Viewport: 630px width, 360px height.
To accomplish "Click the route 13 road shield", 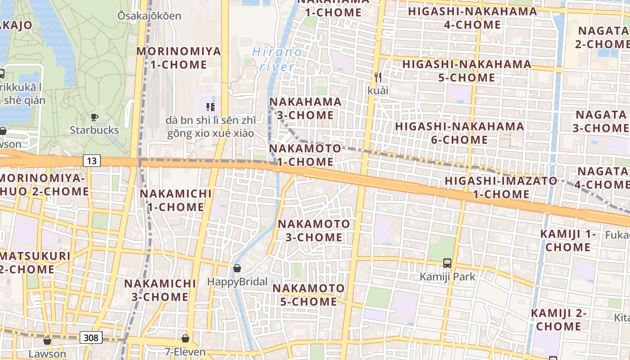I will (91, 161).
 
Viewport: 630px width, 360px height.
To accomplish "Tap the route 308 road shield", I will (91, 337).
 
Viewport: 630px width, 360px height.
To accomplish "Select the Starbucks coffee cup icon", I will (94, 117).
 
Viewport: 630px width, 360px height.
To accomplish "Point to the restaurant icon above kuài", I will (378, 77).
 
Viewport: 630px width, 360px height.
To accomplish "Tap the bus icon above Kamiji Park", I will (447, 263).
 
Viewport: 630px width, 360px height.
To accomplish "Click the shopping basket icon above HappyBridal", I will (237, 269).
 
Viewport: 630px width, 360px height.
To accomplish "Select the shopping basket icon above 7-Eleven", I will (185, 338).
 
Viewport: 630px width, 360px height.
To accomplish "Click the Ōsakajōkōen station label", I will (149, 16).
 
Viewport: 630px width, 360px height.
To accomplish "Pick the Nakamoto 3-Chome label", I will (314, 230).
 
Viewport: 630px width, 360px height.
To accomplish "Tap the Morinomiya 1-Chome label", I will (179, 58).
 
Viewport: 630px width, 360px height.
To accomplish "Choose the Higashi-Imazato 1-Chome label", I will (501, 188).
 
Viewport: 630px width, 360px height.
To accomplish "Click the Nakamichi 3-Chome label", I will (160, 290).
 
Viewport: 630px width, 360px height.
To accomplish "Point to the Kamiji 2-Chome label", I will (558, 319).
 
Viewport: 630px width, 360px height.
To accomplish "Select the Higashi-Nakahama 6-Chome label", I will (459, 133).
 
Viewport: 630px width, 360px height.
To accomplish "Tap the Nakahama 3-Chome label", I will (306, 108).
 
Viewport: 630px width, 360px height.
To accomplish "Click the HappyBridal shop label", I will (237, 282).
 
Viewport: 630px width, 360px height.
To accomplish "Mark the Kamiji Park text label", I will (447, 276).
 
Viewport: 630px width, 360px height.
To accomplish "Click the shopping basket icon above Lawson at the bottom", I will (47, 341).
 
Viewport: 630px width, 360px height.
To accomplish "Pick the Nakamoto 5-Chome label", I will (309, 295).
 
